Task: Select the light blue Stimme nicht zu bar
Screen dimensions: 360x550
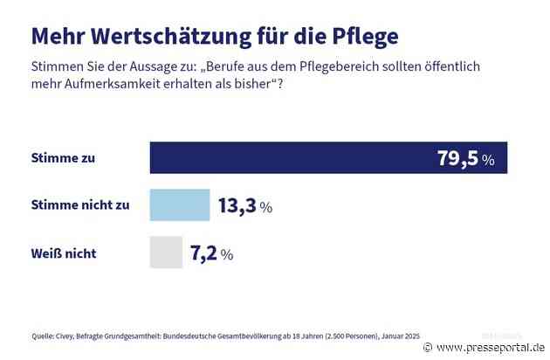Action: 180,205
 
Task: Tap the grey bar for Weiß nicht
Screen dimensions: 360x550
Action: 166,253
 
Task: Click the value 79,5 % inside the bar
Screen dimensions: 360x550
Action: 465,159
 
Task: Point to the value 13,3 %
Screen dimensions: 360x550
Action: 244,206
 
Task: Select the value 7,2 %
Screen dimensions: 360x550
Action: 212,254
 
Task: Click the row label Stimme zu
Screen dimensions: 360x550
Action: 62,159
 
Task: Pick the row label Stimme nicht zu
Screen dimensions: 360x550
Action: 79,206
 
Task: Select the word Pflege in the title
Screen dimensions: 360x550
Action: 358,37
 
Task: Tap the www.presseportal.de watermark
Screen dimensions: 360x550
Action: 487,346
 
